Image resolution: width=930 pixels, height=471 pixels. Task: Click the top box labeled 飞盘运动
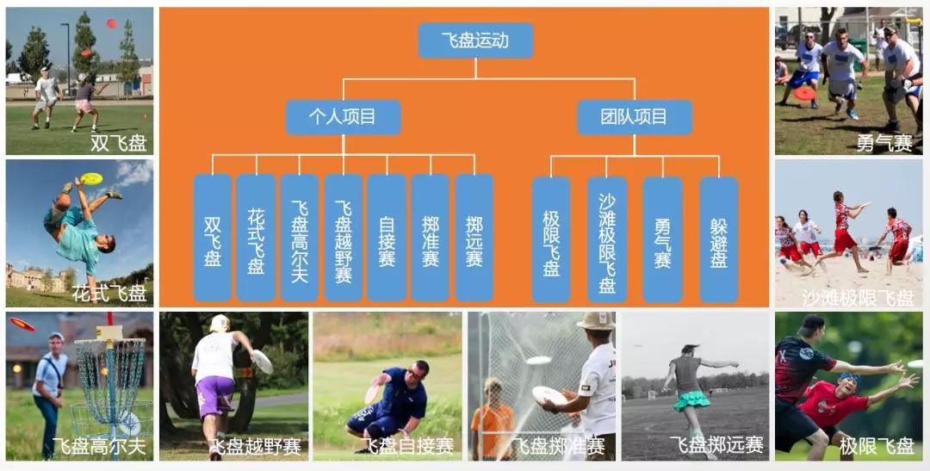pos(475,40)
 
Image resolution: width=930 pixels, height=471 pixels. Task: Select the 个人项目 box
pos(343,117)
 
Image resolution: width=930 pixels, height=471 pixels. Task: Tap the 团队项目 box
pos(635,117)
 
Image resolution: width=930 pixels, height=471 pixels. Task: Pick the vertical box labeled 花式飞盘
pos(256,238)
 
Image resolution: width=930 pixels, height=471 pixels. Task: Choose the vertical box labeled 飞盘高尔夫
pos(300,238)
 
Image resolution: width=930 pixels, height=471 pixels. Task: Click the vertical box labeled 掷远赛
pos(474,238)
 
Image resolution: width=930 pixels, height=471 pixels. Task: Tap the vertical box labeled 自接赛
pos(387,238)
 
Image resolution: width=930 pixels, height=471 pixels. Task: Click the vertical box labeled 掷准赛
pos(431,238)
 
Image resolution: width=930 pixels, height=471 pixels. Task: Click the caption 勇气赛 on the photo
pos(884,143)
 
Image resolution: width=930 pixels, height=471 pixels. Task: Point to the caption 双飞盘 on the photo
pos(118,143)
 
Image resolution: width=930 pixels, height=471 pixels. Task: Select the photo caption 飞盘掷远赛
pos(716,445)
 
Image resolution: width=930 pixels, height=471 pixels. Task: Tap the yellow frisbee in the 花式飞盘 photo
pos(91,179)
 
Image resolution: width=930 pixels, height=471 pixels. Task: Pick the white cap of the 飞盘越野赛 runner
pos(220,323)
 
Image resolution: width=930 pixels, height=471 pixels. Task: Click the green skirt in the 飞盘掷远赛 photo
pos(691,400)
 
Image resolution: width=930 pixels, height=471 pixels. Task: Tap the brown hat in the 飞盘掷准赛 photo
pos(595,321)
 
